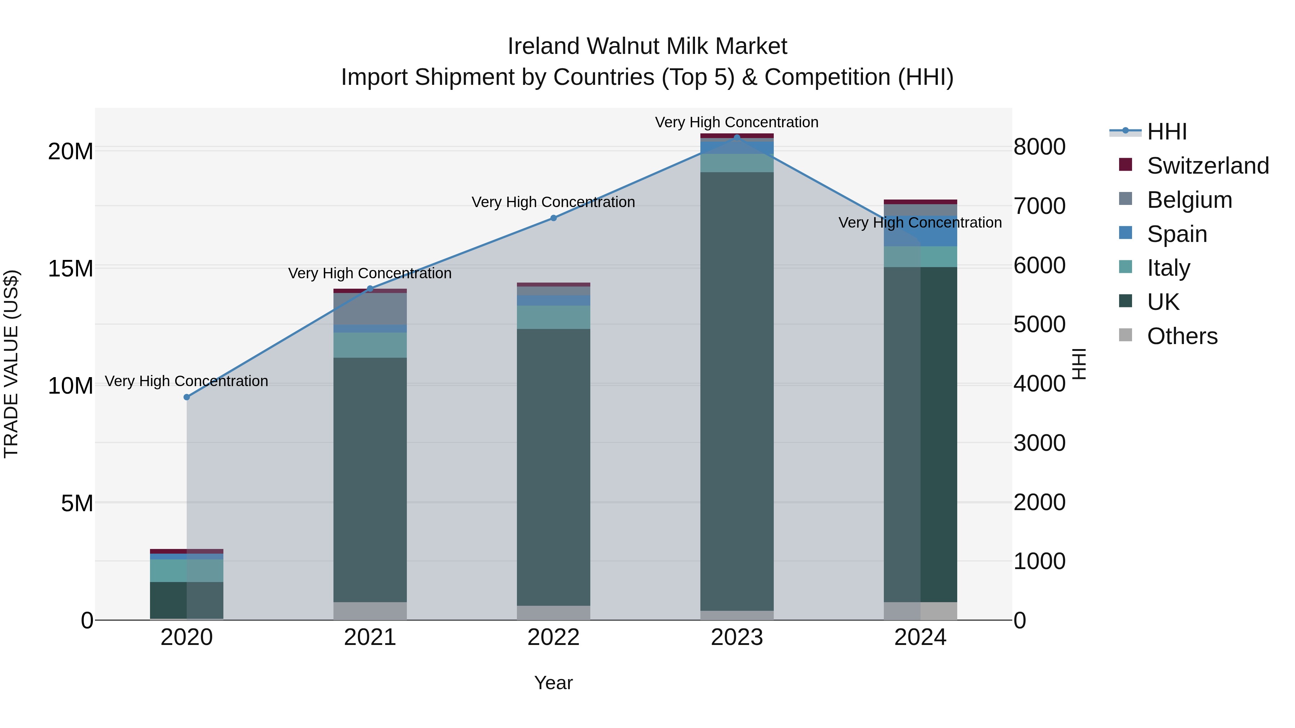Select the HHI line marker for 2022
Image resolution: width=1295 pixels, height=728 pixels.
coord(554,218)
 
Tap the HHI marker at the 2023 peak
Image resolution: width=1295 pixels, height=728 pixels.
coord(737,137)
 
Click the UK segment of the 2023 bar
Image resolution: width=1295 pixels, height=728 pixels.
coord(737,392)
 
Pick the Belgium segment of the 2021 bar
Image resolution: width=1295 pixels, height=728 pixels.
coord(370,309)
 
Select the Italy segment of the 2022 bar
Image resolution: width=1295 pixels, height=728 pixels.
coord(554,317)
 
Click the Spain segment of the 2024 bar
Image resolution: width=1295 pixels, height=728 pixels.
coord(921,231)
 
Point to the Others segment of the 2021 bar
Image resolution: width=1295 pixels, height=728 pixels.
coord(370,610)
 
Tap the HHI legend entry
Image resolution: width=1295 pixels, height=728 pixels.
coord(1166,132)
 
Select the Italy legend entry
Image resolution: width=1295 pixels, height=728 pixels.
coord(1168,268)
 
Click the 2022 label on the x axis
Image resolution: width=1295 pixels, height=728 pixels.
coord(554,637)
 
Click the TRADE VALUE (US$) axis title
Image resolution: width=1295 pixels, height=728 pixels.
coord(12,364)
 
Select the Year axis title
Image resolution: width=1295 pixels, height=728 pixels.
coord(554,683)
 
